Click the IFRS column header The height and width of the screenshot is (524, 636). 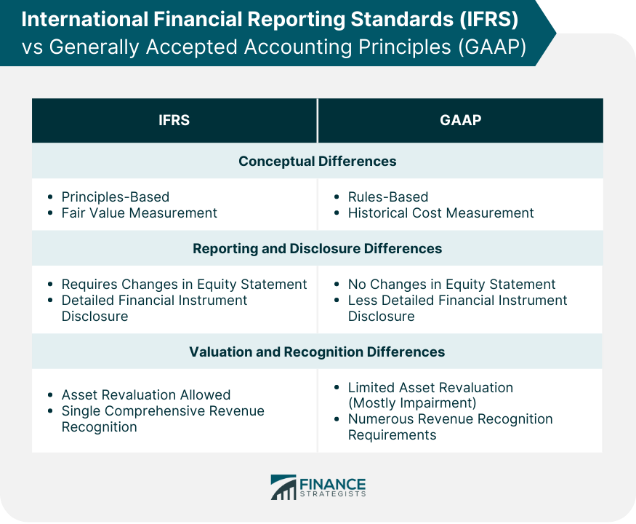174,120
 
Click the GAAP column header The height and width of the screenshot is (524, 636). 460,120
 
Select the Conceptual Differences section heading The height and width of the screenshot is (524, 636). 317,162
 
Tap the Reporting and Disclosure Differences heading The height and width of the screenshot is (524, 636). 317,249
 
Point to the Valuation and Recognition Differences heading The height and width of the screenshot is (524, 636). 317,352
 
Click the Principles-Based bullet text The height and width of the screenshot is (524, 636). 115,197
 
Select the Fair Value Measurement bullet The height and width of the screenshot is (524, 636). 139,213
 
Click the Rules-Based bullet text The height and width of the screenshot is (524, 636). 387,197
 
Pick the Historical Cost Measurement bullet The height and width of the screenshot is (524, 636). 441,213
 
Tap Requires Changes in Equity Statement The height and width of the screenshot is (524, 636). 184,285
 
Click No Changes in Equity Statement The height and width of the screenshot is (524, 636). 451,285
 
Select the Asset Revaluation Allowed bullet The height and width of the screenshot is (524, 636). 146,395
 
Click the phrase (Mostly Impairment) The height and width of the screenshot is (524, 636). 412,403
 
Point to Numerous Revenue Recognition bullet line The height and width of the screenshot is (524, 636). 450,418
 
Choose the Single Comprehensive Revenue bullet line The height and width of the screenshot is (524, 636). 163,411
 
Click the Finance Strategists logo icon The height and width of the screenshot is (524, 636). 283,487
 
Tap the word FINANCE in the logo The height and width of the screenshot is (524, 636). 333,484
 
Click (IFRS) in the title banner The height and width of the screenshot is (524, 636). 488,19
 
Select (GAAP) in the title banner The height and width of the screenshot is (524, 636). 492,47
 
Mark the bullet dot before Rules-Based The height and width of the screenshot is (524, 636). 337,197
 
